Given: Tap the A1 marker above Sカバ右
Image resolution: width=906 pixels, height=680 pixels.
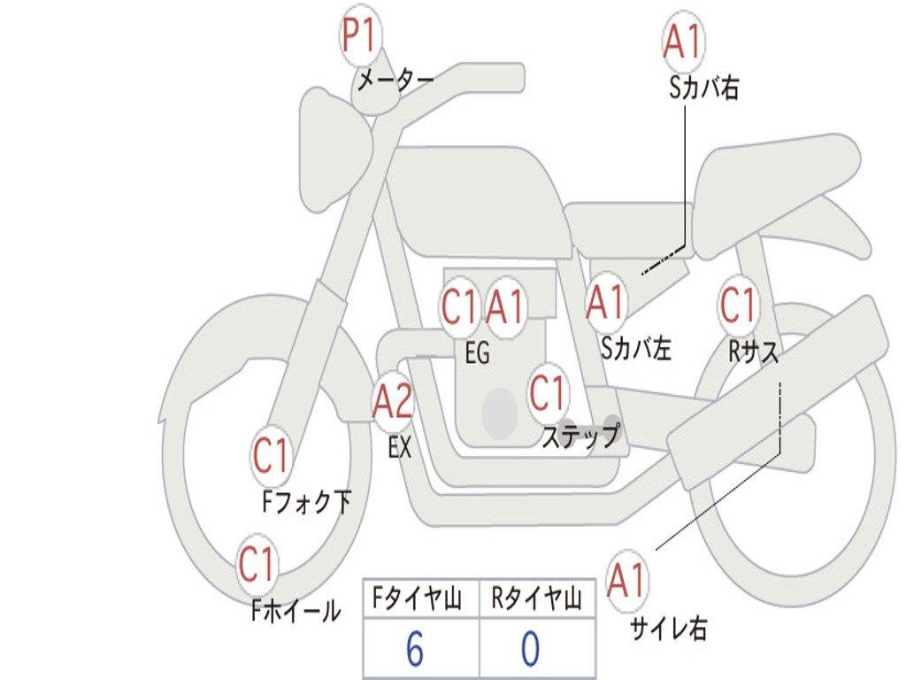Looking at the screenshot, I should click(x=682, y=42).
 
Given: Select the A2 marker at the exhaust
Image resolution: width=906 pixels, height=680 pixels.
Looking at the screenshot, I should click(x=392, y=403).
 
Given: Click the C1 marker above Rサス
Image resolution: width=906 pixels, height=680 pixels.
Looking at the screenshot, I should click(x=738, y=306).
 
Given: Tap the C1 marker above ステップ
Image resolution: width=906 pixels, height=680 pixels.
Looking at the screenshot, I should click(x=548, y=392).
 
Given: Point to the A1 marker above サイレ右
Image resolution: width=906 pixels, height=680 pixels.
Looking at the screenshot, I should click(x=627, y=582).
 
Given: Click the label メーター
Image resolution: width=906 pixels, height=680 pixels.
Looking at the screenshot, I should click(x=395, y=81).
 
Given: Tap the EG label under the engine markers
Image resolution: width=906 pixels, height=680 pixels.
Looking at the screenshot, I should click(x=477, y=354).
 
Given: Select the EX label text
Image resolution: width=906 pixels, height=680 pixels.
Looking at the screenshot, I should click(x=400, y=447).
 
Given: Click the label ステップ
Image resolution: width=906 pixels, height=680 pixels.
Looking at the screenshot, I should click(x=580, y=437).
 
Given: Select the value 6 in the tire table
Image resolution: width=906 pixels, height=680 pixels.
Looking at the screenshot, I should click(x=414, y=649).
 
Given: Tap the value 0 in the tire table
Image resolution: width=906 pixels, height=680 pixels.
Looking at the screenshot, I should click(x=530, y=649).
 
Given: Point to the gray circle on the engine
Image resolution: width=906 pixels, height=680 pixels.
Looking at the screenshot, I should click(x=499, y=413).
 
